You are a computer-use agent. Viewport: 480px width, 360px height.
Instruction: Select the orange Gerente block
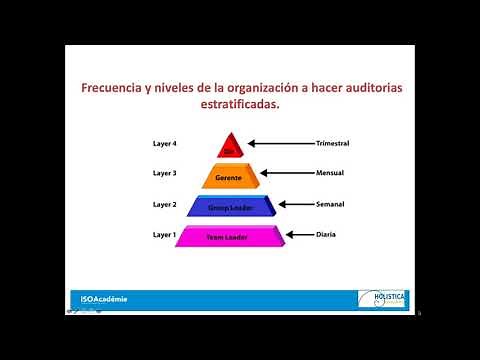pyautogui.click(x=230, y=177)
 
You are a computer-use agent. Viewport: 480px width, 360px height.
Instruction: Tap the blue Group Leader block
pyautogui.click(x=231, y=207)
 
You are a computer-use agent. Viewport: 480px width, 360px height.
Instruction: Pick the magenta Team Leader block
pyautogui.click(x=229, y=237)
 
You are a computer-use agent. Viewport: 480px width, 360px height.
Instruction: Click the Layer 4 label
pyautogui.click(x=164, y=144)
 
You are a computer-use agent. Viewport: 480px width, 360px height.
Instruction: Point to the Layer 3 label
pyautogui.click(x=164, y=173)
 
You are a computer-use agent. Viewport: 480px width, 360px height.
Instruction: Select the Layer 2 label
pyautogui.click(x=164, y=204)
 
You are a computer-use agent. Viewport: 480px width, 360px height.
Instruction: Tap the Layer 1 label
pyautogui.click(x=164, y=234)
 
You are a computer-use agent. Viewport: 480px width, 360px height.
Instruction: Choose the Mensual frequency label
pyautogui.click(x=330, y=173)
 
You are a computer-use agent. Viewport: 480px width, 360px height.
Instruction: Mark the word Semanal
pyautogui.click(x=330, y=204)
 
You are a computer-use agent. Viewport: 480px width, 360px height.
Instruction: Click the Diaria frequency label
pyautogui.click(x=325, y=234)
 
